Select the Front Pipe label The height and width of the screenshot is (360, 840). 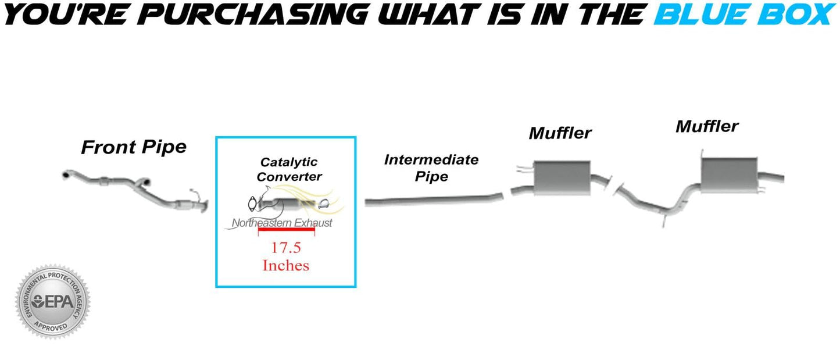(134, 147)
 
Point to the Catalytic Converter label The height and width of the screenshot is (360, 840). (289, 169)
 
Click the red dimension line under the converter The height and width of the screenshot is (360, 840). (286, 230)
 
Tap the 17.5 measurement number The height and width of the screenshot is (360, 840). (286, 247)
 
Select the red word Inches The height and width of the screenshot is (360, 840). (286, 266)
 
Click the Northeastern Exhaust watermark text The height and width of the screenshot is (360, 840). (283, 223)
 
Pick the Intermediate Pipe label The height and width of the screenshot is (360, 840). (431, 167)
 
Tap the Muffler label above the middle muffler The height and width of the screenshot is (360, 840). (560, 133)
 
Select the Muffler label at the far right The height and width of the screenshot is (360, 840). (707, 126)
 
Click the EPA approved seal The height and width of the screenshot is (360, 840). (53, 302)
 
